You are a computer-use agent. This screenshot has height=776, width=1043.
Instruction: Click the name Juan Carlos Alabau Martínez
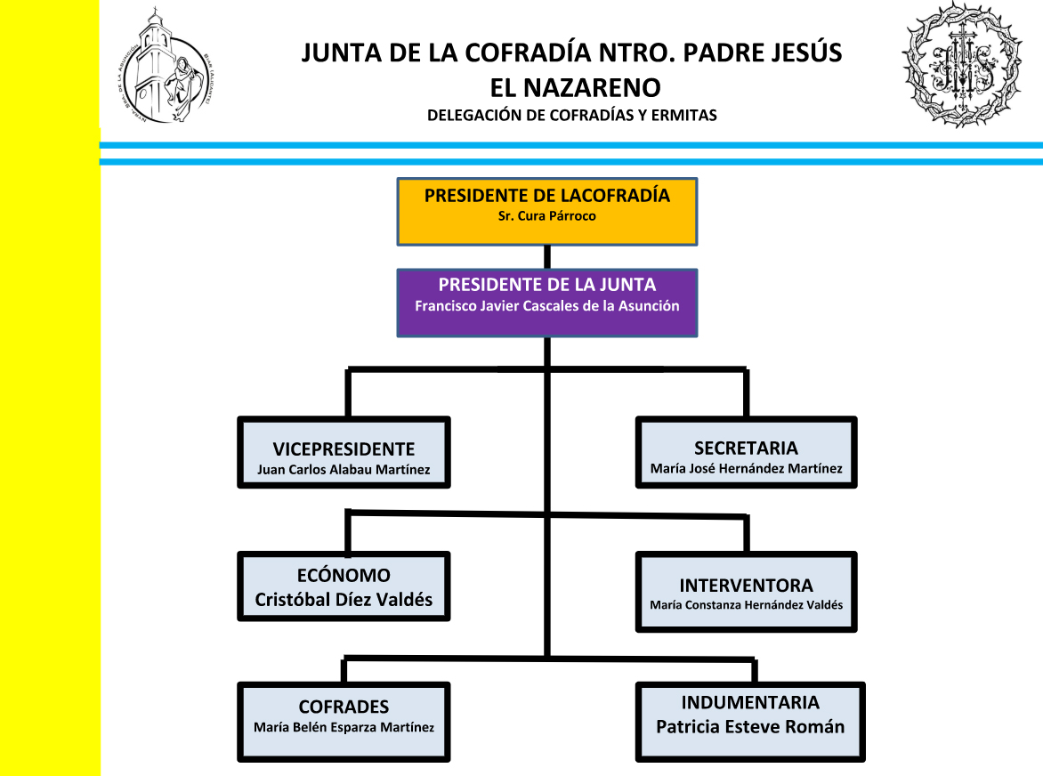pyautogui.click(x=344, y=470)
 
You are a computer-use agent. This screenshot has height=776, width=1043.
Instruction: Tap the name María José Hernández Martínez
pyautogui.click(x=746, y=468)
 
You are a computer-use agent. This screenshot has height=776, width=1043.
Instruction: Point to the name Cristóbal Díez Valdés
pyautogui.click(x=344, y=600)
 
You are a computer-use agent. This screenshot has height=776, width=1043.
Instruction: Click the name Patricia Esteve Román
pyautogui.click(x=750, y=726)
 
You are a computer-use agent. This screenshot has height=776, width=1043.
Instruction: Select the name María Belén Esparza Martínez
pyautogui.click(x=344, y=727)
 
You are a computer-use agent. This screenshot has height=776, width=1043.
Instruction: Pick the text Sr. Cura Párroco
pyautogui.click(x=546, y=215)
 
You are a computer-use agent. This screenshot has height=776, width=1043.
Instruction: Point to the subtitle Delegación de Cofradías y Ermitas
pyautogui.click(x=571, y=115)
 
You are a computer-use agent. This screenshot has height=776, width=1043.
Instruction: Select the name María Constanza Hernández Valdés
pyautogui.click(x=746, y=605)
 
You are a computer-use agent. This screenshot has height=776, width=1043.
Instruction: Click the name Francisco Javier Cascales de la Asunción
pyautogui.click(x=546, y=305)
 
